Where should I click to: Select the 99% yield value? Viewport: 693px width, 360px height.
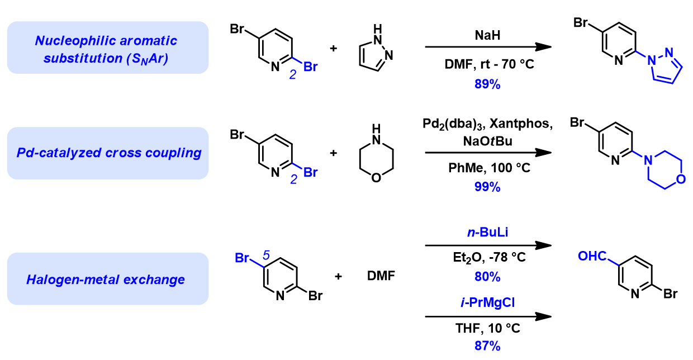coord(488,187)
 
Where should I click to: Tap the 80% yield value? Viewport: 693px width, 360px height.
coord(488,277)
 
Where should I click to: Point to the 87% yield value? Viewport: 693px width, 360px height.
coord(488,346)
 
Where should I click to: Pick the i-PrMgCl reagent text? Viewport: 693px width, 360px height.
coord(488,302)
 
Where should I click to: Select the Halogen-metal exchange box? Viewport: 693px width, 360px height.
coord(108,278)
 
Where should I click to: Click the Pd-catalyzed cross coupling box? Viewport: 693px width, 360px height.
coord(108,153)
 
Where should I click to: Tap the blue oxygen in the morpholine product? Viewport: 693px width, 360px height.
coord(680,179)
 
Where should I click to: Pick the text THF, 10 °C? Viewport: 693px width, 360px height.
coord(488,329)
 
